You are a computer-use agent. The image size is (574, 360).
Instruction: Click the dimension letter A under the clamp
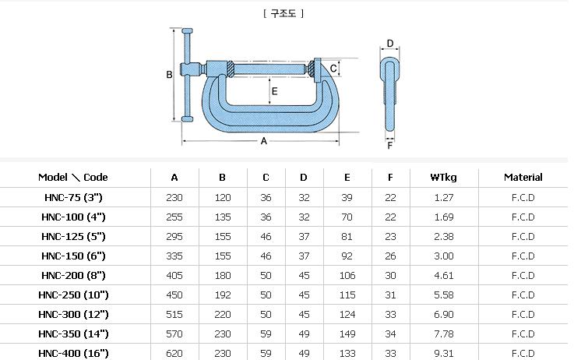(263, 141)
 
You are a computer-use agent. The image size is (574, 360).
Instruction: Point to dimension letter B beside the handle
(169, 75)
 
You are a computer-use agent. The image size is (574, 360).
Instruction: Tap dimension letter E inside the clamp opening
(275, 91)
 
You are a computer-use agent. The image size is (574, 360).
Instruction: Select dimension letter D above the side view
(390, 44)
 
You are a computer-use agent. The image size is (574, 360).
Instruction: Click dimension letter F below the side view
(390, 146)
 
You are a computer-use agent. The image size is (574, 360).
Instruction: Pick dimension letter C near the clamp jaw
(333, 69)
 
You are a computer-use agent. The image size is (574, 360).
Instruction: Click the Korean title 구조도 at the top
(283, 13)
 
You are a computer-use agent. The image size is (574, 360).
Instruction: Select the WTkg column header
(443, 178)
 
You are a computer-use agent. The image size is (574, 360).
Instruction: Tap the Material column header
(523, 177)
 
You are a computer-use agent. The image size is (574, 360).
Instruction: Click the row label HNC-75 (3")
(73, 198)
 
